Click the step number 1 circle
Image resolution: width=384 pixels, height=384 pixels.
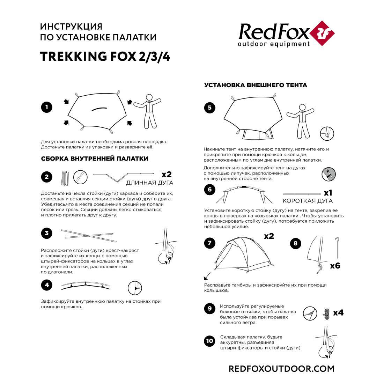tap(46, 107)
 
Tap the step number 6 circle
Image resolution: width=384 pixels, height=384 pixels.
tap(210, 190)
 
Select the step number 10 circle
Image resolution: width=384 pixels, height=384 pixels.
tap(210, 341)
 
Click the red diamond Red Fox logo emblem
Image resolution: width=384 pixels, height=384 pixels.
tap(322, 33)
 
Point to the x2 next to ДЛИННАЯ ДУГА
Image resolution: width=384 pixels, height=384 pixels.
tap(167, 174)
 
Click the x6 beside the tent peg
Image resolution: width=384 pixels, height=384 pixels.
tap(335, 265)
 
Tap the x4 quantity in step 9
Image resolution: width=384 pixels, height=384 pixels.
tap(338, 313)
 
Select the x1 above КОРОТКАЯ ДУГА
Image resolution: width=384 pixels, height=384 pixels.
tap(328, 193)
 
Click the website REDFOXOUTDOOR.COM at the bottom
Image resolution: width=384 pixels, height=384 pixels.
tap(281, 369)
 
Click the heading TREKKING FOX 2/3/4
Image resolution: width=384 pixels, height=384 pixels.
tap(105, 57)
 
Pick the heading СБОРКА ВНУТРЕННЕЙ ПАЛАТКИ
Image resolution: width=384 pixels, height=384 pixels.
tap(95, 159)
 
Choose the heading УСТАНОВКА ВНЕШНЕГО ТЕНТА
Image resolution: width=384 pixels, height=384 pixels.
tap(256, 85)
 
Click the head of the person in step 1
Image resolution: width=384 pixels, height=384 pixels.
tap(149, 97)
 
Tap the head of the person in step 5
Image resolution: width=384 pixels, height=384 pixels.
tap(302, 108)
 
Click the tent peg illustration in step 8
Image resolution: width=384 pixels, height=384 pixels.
tap(338, 248)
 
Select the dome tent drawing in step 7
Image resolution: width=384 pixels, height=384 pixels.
tap(244, 254)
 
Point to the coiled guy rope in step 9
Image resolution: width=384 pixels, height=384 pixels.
tap(326, 314)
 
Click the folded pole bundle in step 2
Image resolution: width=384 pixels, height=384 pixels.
tap(65, 178)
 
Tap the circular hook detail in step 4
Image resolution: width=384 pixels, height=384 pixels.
tap(135, 288)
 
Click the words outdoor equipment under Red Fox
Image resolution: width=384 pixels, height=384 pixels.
tap(274, 44)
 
